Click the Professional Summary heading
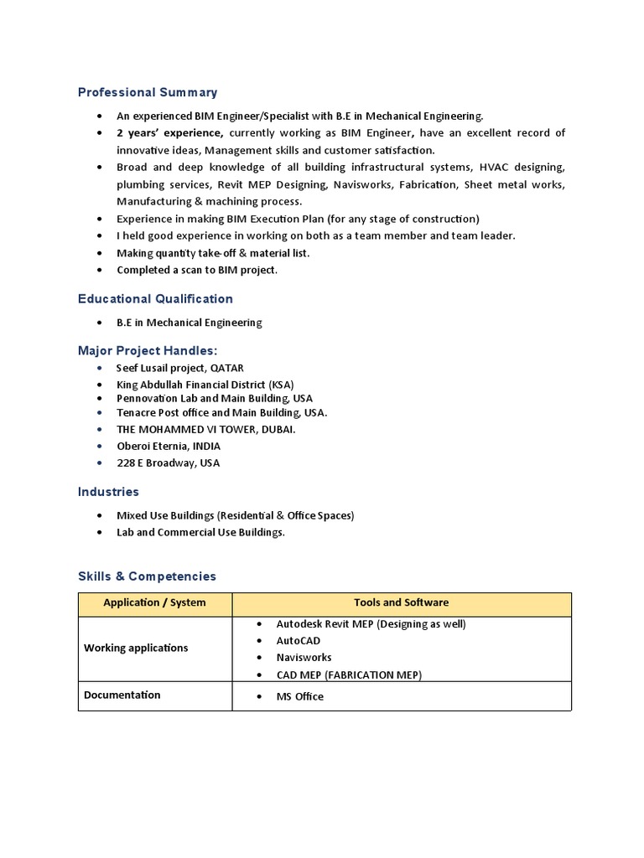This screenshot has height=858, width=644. click(148, 92)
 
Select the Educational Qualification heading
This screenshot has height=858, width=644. click(155, 298)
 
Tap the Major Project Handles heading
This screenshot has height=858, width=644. click(148, 350)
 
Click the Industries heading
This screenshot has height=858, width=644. click(108, 492)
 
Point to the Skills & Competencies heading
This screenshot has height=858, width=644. click(147, 576)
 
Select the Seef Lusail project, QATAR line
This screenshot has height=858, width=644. click(179, 368)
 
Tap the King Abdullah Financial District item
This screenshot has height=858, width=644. click(205, 385)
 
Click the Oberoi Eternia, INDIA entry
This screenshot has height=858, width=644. click(169, 446)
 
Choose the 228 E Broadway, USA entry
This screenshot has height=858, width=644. click(168, 463)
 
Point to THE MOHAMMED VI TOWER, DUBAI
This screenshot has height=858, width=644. click(205, 429)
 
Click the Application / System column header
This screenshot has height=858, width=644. click(154, 602)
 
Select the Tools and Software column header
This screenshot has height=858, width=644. click(401, 602)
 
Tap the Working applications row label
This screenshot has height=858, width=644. click(136, 648)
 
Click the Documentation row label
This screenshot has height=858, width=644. click(122, 695)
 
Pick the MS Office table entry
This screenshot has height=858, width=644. click(299, 696)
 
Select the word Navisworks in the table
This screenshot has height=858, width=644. click(304, 658)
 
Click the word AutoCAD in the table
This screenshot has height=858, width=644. click(299, 641)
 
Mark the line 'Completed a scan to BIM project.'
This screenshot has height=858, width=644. click(197, 270)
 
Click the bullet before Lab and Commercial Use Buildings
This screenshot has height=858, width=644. click(100, 532)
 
